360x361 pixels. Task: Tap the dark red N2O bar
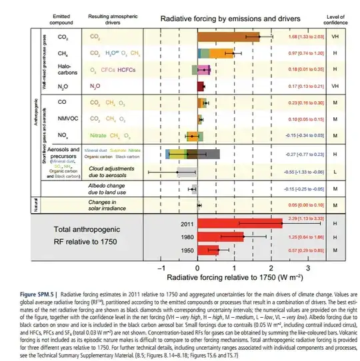click(x=201, y=86)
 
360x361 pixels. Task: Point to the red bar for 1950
click(x=208, y=250)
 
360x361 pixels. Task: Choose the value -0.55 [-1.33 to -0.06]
click(x=302, y=172)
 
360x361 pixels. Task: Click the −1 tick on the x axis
click(x=160, y=266)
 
